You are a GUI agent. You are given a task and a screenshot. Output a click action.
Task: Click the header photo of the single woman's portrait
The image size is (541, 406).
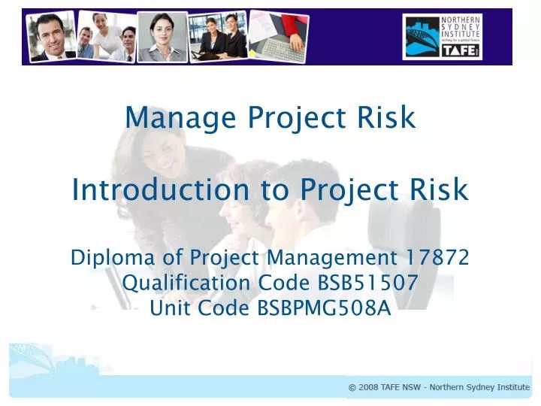click(x=161, y=36)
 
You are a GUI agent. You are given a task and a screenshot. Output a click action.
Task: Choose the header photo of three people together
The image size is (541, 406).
click(x=106, y=35)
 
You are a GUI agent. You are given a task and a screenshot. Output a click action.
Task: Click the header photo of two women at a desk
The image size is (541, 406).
click(x=219, y=36)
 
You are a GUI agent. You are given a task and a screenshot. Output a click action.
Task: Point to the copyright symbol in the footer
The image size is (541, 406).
click(x=352, y=388)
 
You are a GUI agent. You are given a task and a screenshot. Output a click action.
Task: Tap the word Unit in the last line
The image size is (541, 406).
click(x=168, y=308)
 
